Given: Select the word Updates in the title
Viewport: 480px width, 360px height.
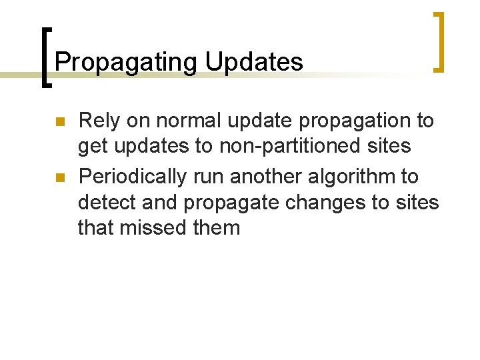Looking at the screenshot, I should [254, 63].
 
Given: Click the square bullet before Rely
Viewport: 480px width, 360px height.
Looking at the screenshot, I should [59, 122].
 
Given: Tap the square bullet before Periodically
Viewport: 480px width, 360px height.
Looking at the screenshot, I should [59, 177].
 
